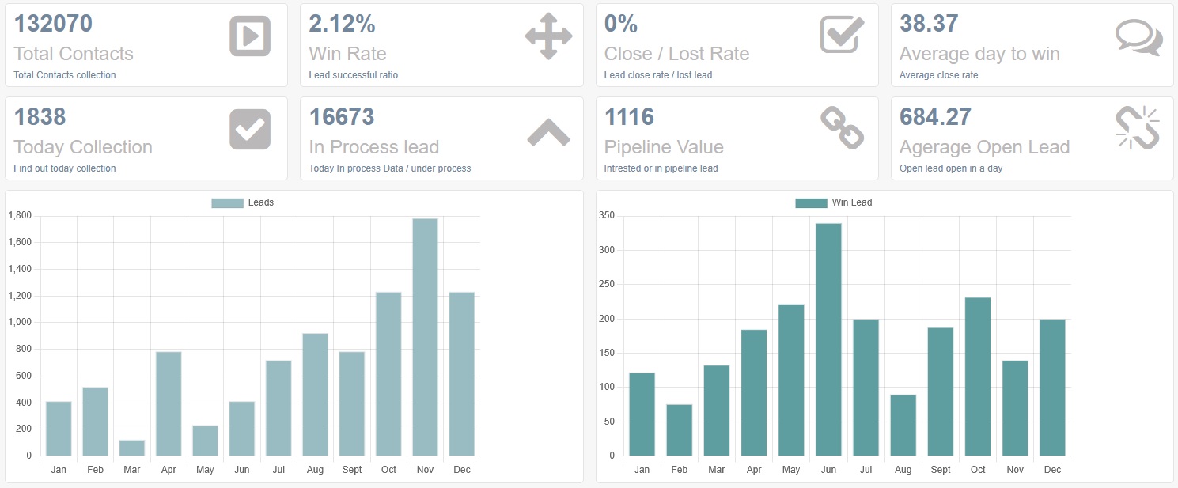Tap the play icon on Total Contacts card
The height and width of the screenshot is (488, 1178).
pyautogui.click(x=250, y=36)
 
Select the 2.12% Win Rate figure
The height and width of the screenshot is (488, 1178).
pyautogui.click(x=342, y=24)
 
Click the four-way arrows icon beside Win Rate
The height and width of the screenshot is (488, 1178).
pyautogui.click(x=547, y=36)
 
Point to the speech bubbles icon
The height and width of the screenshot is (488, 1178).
pyautogui.click(x=1138, y=37)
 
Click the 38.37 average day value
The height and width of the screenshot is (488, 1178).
pyautogui.click(x=929, y=24)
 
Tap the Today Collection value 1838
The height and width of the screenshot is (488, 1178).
pyautogui.click(x=40, y=117)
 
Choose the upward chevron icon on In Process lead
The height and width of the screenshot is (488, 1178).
pyautogui.click(x=548, y=132)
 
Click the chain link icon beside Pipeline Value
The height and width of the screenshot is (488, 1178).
pyautogui.click(x=842, y=129)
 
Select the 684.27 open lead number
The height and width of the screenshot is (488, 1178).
pyautogui.click(x=935, y=117)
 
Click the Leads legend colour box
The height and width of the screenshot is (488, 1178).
pyautogui.click(x=227, y=203)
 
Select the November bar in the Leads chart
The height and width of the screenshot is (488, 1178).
pyautogui.click(x=425, y=337)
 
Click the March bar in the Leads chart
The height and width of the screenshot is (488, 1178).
pyautogui.click(x=132, y=448)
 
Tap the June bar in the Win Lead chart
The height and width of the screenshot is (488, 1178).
pyautogui.click(x=828, y=339)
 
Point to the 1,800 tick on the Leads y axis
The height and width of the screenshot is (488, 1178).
pyautogui.click(x=19, y=215)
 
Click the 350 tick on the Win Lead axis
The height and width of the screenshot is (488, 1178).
pyautogui.click(x=607, y=215)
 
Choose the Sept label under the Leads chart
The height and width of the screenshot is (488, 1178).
pyautogui.click(x=352, y=470)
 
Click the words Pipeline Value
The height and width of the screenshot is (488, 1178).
pyautogui.click(x=664, y=147)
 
